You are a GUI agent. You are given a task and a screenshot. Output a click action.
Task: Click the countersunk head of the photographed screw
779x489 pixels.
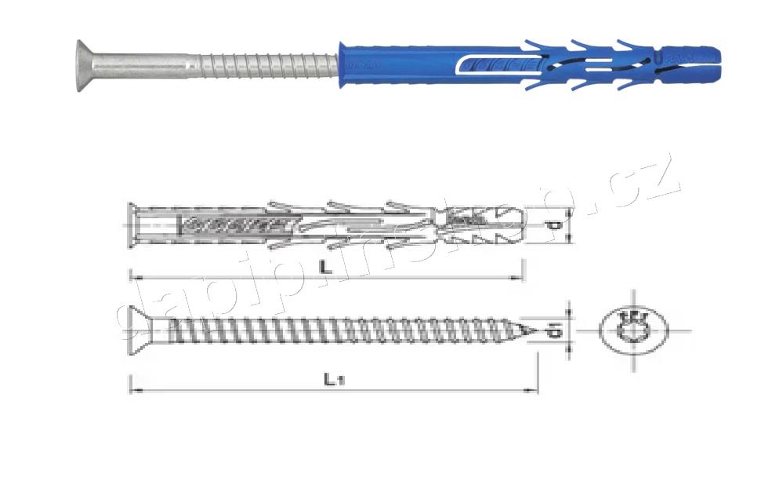click(x=88, y=64)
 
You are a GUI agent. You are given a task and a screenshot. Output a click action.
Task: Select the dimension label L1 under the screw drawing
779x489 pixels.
click(x=332, y=378)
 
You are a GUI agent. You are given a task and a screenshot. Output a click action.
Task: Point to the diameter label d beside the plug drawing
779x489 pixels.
click(x=554, y=225)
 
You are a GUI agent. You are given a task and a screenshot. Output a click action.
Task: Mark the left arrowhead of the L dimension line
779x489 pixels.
click(x=132, y=277)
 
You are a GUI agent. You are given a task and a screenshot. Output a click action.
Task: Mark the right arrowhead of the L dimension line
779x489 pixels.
click(x=520, y=277)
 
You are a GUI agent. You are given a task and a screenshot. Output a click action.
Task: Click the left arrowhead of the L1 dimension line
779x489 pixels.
click(x=132, y=389)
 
